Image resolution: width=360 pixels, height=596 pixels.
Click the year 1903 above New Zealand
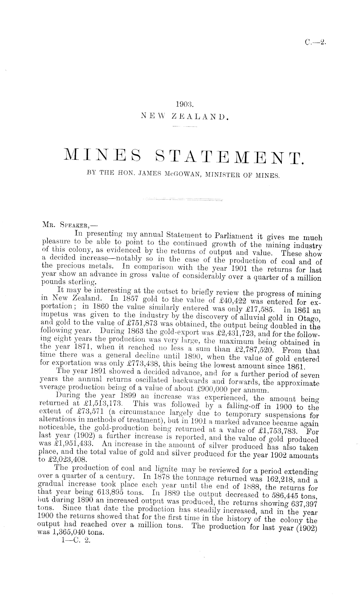pyautogui.click(x=184, y=104)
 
